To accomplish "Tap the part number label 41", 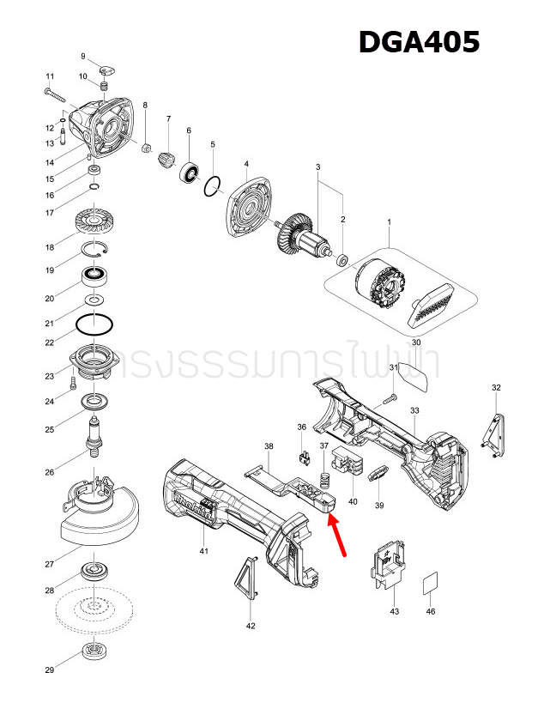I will click(203, 550).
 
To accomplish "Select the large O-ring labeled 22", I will click(94, 325).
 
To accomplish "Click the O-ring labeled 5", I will click(214, 186).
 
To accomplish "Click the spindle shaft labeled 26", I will click(95, 433).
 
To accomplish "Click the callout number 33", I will click(414, 411).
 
